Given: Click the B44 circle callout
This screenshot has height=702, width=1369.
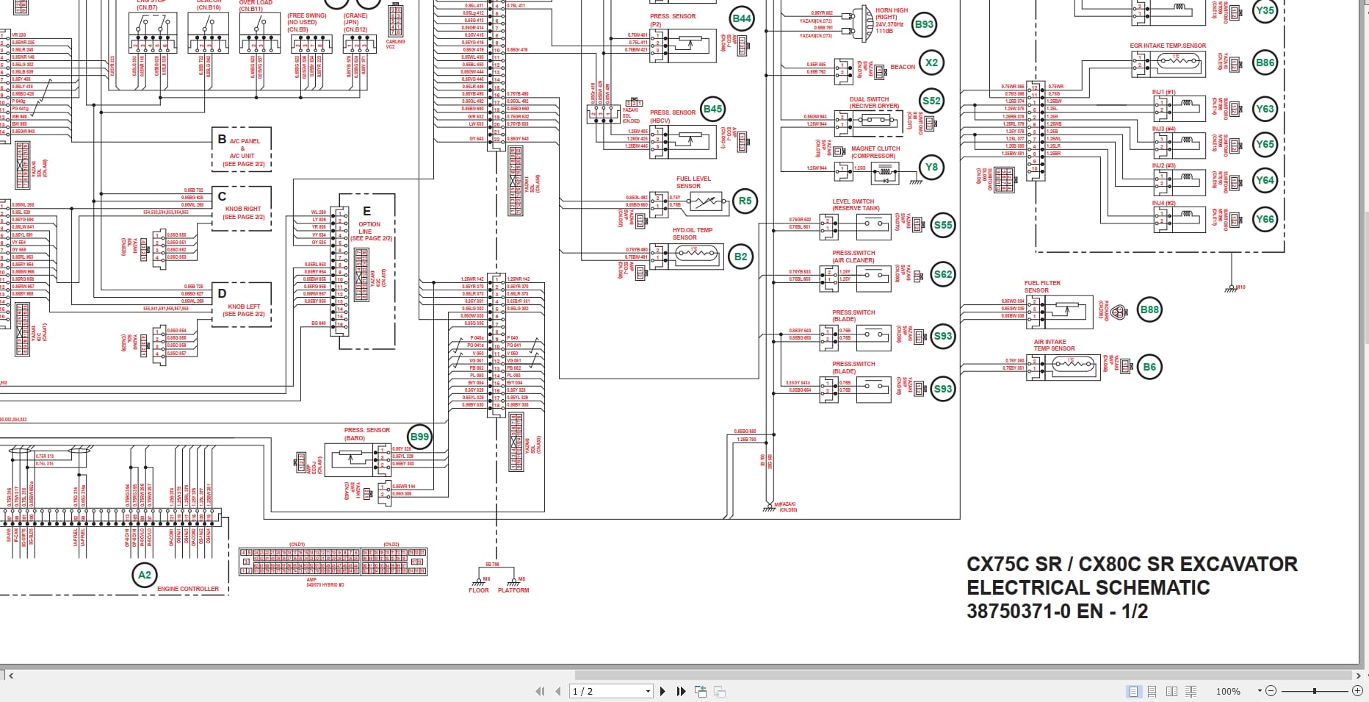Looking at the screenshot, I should point(742,19).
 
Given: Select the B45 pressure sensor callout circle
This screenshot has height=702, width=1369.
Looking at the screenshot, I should point(712,110).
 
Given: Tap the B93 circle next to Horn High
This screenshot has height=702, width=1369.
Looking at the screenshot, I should point(923,24).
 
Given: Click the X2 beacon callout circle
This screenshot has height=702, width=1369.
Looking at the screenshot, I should point(931,62).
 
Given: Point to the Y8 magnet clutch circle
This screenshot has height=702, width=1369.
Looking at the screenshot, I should point(931,167).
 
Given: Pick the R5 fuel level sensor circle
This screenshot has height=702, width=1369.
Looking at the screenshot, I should point(745,201).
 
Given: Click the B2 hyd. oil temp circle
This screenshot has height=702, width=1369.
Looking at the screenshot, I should point(740,257).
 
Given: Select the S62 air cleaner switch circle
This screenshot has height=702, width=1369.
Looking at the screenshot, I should point(942,274).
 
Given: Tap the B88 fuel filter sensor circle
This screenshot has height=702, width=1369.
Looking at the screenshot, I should point(1149,309).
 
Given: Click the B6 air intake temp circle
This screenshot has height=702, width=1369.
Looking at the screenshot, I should point(1149,367).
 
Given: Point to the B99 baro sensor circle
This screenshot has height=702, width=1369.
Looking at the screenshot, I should point(419,437).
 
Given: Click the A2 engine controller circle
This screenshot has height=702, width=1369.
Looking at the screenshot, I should point(145,575).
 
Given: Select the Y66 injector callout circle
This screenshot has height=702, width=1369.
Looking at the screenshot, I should point(1265,219).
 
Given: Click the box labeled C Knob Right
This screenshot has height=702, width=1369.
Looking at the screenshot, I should point(242,209).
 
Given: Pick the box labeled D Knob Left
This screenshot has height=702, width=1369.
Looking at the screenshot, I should point(242,305).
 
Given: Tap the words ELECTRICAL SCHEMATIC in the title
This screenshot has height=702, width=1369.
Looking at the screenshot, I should point(1088,587).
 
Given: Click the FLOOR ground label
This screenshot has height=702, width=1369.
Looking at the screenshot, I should point(479,590).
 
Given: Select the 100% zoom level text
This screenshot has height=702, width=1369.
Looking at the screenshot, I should point(1228,691).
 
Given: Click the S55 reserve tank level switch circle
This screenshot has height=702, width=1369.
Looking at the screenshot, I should point(942,225).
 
